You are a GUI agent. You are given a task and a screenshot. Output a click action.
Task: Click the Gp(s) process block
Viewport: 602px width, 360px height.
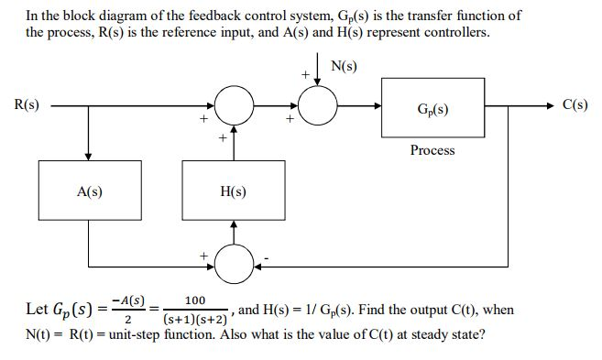[x=432, y=109]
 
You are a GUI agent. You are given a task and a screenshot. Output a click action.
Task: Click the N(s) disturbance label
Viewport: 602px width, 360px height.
[x=345, y=67]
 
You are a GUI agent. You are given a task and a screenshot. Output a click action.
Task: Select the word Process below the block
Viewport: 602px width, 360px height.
[x=432, y=150]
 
